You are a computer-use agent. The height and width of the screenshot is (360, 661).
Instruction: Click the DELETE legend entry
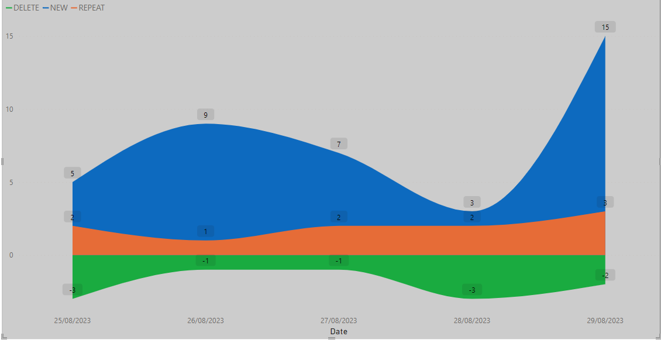click(22, 8)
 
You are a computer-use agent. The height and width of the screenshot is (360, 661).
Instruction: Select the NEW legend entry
click(55, 8)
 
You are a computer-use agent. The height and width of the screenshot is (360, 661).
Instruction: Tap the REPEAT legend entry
click(88, 8)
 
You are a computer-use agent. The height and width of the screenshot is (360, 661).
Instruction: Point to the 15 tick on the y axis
click(9, 36)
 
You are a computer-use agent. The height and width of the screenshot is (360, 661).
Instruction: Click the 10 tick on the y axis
click(9, 109)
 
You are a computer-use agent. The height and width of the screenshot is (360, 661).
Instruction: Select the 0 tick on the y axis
click(11, 255)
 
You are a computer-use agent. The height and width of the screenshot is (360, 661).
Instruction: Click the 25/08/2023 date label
click(73, 320)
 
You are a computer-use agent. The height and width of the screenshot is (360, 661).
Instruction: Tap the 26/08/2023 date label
click(206, 320)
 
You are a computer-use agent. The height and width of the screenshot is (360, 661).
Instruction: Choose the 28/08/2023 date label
click(472, 320)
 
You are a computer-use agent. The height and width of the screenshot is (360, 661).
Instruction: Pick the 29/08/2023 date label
click(605, 320)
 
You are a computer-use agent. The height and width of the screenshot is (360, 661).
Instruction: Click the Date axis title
click(339, 331)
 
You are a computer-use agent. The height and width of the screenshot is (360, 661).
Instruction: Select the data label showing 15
click(605, 27)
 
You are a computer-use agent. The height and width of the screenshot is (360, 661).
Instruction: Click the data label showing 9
click(206, 114)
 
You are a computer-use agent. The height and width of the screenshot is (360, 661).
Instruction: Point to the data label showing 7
click(339, 144)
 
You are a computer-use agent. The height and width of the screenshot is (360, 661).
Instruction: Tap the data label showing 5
click(73, 173)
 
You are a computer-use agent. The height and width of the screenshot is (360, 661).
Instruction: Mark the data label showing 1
click(206, 231)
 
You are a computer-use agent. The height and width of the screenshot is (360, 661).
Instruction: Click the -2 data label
click(605, 275)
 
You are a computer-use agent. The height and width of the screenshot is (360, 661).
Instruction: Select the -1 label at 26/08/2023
click(206, 260)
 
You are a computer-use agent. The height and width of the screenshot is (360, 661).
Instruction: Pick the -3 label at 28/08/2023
click(472, 290)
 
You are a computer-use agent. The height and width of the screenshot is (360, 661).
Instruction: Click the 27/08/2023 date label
click(339, 320)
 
